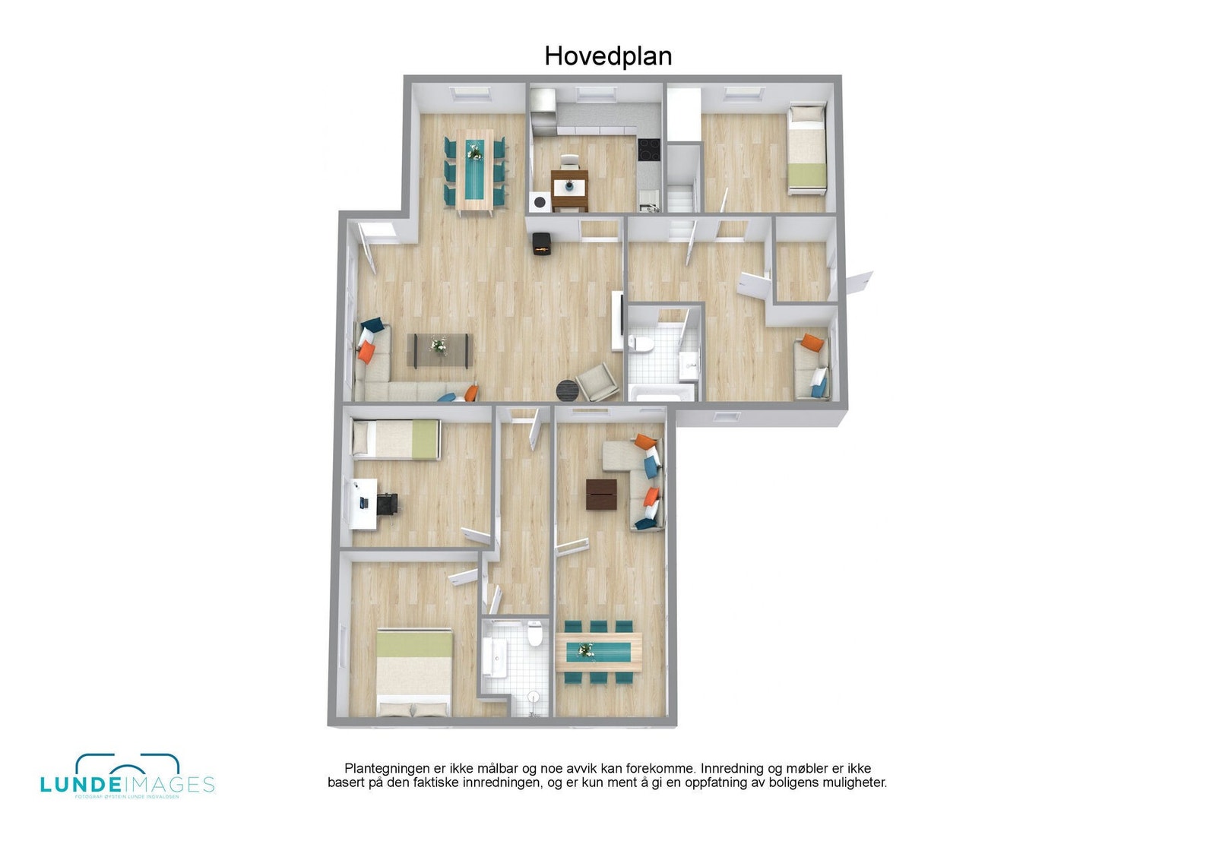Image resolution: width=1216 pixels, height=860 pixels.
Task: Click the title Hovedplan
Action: pos(608,56)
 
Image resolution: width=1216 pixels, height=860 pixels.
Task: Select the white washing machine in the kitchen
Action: pos(540,202)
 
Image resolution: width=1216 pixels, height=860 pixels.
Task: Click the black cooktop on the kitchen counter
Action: pos(648,148)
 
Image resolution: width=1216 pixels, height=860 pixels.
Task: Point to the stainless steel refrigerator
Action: pos(543,111)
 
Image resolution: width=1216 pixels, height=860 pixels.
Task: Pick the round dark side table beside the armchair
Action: pos(568,390)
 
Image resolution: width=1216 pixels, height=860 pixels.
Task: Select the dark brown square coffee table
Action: pos(601,494)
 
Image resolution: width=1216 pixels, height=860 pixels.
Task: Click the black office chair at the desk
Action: pos(387,502)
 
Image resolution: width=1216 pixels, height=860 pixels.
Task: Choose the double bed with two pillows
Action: pos(414,672)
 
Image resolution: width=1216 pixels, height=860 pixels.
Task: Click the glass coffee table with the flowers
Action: pos(440,349)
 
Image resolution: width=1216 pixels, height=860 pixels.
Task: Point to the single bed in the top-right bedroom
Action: pos(806,148)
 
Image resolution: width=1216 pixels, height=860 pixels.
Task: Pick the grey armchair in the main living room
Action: pos(597,381)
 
